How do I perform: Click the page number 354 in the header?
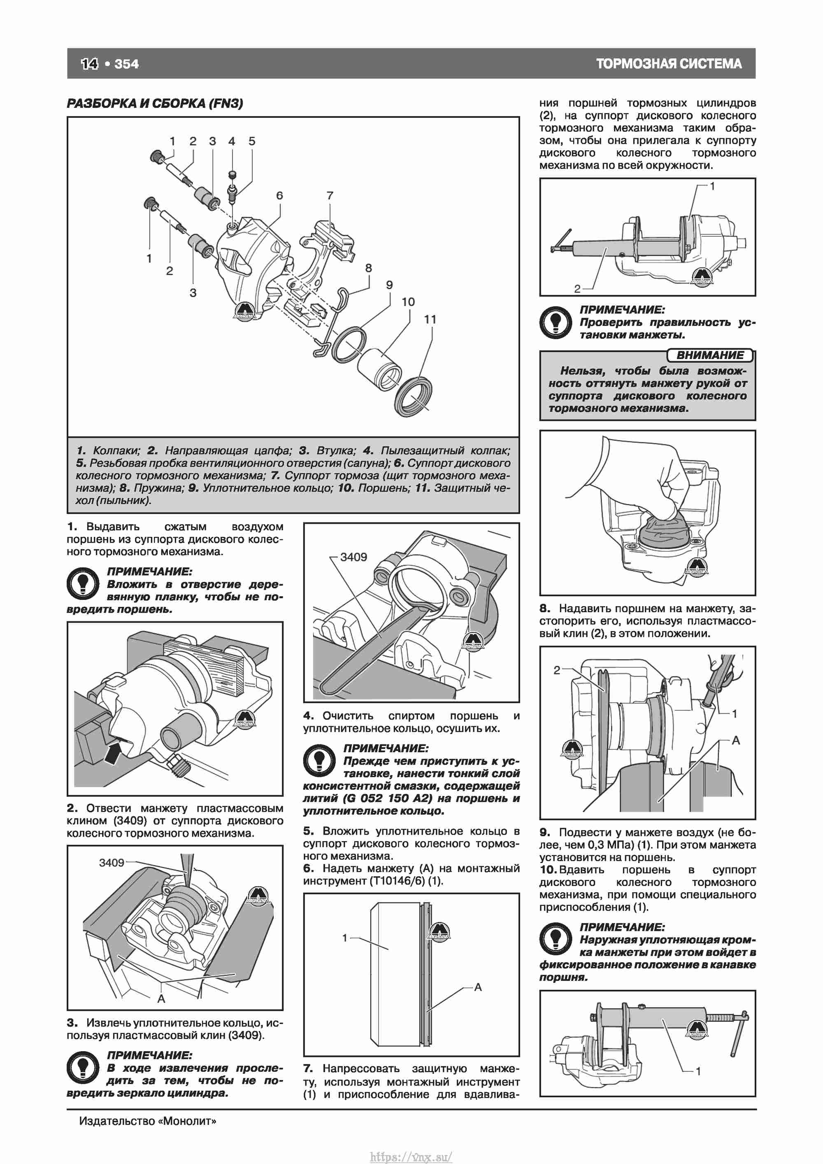coord(126,64)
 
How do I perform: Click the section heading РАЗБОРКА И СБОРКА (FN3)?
coord(155,103)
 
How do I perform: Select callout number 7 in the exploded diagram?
coord(330,195)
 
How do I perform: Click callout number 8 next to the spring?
coord(368,268)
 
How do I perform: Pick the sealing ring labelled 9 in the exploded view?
coord(348,345)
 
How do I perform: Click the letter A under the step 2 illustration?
coord(161,999)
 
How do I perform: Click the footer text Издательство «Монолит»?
coord(147,1121)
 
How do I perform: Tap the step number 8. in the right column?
coord(545,609)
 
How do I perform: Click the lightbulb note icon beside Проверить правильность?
coord(556,322)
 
